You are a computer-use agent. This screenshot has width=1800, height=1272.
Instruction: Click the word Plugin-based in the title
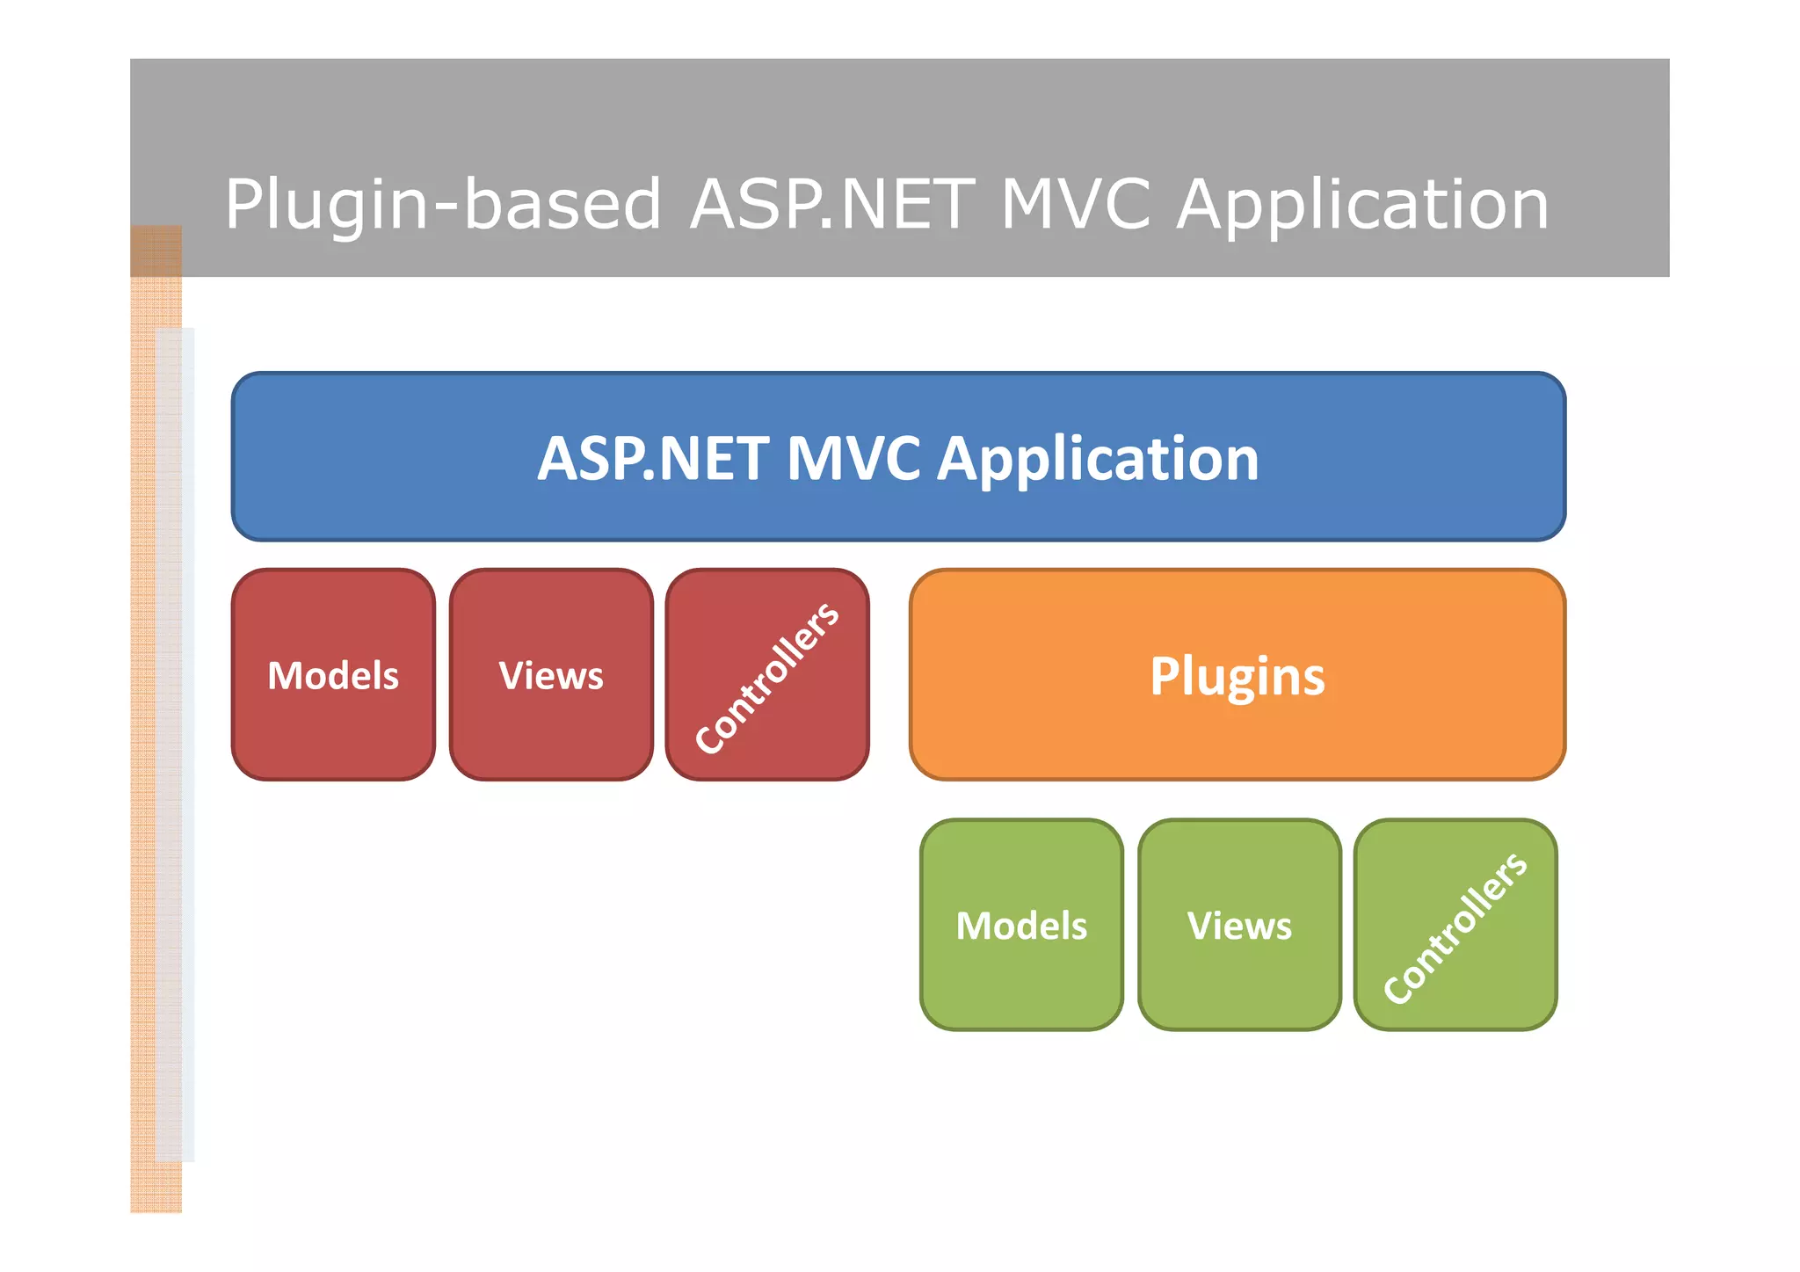click(442, 204)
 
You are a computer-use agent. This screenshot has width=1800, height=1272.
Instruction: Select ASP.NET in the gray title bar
click(831, 204)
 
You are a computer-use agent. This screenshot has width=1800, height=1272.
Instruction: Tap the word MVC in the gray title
click(1075, 204)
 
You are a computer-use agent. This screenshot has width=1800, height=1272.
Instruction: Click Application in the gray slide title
click(1362, 204)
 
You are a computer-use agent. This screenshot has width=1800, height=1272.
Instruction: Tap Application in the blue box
click(1098, 459)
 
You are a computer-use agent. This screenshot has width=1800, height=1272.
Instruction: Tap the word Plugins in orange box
click(1237, 676)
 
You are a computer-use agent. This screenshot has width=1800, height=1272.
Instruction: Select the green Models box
click(1021, 976)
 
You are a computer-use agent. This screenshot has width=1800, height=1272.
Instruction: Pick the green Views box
click(1239, 976)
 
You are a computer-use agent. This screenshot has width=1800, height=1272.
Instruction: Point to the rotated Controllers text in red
click(766, 678)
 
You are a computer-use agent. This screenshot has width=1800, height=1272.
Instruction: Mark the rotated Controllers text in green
click(1455, 927)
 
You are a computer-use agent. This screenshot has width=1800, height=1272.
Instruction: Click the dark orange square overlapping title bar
click(156, 251)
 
